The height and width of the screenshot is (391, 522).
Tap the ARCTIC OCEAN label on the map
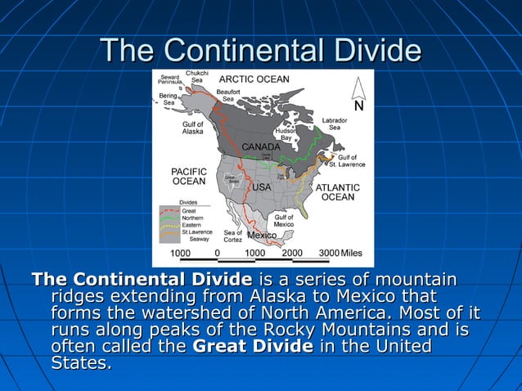(254, 79)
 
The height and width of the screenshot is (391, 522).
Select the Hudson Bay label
(286, 134)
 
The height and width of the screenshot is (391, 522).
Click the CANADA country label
(261, 147)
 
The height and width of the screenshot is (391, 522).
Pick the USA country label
(261, 187)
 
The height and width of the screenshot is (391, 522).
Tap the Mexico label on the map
(263, 236)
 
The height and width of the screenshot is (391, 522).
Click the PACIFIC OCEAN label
(188, 176)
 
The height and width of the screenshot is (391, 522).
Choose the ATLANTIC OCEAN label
(338, 191)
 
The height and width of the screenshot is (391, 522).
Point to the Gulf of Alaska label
(193, 128)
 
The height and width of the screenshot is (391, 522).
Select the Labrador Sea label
(335, 124)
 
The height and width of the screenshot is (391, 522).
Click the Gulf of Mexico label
(284, 220)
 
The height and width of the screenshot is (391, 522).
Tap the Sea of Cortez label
(232, 236)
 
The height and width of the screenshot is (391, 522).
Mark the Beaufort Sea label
(228, 95)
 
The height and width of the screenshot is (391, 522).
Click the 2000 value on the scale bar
(291, 253)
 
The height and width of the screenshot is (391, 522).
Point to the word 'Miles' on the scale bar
(352, 253)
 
